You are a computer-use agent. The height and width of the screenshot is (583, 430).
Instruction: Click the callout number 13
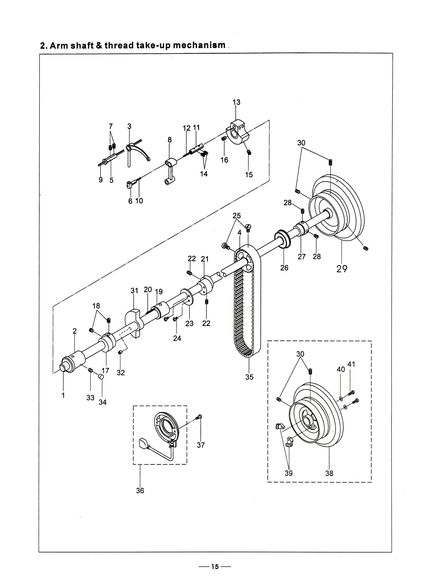[x=236, y=102]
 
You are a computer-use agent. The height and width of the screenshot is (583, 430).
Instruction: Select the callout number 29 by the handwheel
[x=342, y=269]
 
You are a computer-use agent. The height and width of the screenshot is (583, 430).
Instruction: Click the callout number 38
[x=329, y=473]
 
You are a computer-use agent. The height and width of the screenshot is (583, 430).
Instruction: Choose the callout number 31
[x=134, y=290]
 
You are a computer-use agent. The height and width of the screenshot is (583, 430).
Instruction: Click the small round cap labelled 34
[x=101, y=377]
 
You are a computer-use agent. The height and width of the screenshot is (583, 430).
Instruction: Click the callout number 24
[x=177, y=338]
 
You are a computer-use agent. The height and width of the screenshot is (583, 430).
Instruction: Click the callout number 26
[x=284, y=268]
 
